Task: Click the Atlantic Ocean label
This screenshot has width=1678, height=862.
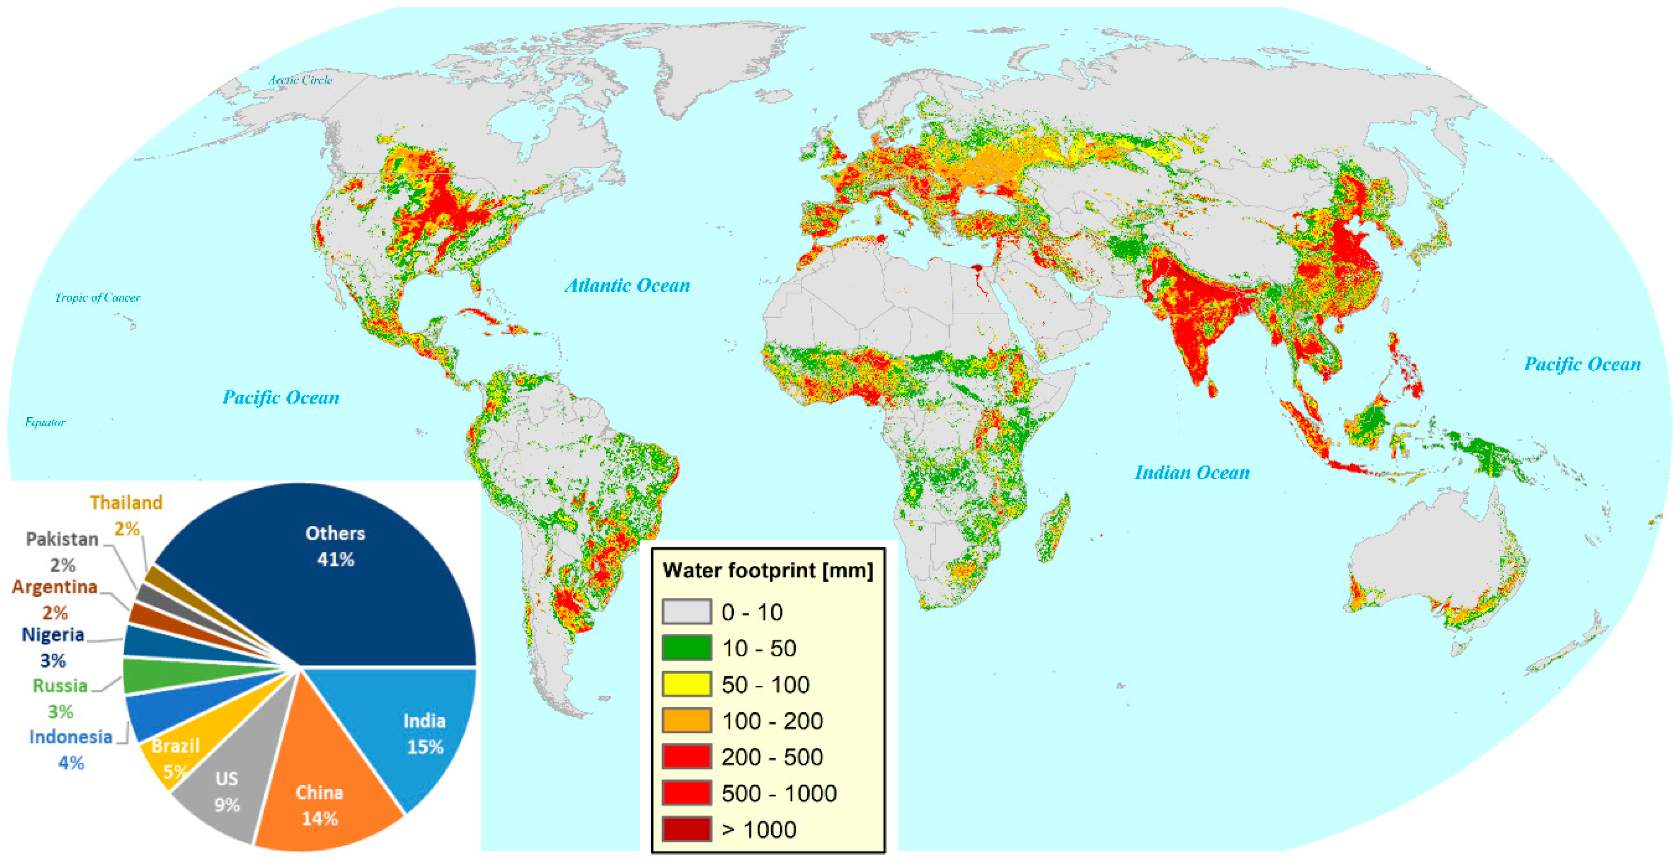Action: click(627, 285)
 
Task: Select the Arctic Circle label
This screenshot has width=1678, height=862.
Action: click(300, 80)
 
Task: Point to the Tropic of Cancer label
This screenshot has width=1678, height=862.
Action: click(97, 297)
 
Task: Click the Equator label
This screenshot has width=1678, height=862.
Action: click(45, 422)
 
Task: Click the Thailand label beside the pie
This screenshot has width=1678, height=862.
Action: click(126, 503)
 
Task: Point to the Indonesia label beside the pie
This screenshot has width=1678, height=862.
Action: click(70, 737)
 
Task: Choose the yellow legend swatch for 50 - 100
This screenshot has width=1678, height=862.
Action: click(686, 684)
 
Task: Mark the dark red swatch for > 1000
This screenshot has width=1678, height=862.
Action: click(686, 829)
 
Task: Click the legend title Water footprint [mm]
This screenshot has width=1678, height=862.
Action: click(767, 570)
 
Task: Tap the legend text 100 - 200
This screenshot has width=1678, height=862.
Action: click(772, 721)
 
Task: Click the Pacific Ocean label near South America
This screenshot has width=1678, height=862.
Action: click(281, 397)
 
